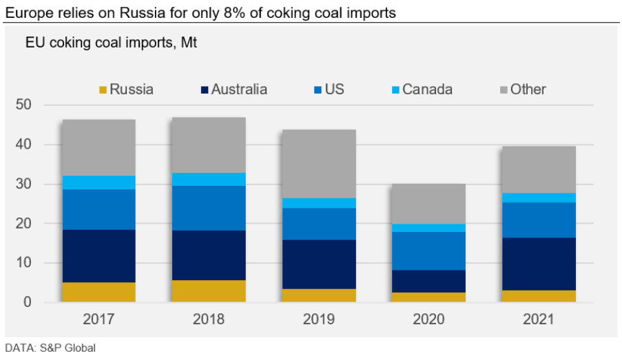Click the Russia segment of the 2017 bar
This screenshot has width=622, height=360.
(98, 292)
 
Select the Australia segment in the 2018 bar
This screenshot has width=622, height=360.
(208, 255)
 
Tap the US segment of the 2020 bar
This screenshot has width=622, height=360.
(428, 251)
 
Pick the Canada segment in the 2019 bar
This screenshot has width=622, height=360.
(318, 203)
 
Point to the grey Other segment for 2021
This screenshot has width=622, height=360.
(539, 169)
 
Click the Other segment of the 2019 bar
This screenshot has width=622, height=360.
(318, 163)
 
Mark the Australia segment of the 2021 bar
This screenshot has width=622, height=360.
(539, 264)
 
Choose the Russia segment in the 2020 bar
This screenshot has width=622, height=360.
(428, 297)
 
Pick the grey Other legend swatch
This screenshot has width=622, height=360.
(503, 90)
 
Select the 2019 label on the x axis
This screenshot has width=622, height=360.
(318, 319)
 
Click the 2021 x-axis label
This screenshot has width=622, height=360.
(539, 319)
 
